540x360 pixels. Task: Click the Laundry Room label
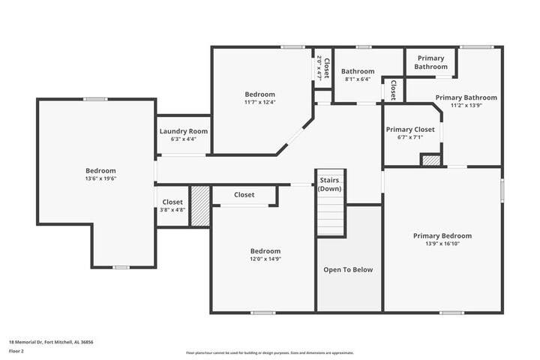coord(184,131)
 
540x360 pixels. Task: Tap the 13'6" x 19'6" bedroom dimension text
coord(100,179)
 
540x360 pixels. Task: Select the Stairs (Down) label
coord(330,184)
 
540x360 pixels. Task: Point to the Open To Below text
coord(348,270)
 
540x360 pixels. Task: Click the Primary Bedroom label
coord(442,235)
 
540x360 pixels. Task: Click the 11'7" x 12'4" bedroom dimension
coord(259,103)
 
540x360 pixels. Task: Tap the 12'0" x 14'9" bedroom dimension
coord(265,259)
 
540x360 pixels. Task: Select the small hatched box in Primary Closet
coord(430,160)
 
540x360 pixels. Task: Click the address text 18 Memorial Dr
coord(51,341)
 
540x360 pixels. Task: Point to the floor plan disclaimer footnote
coord(269,352)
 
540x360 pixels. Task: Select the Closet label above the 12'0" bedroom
coord(244,195)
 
